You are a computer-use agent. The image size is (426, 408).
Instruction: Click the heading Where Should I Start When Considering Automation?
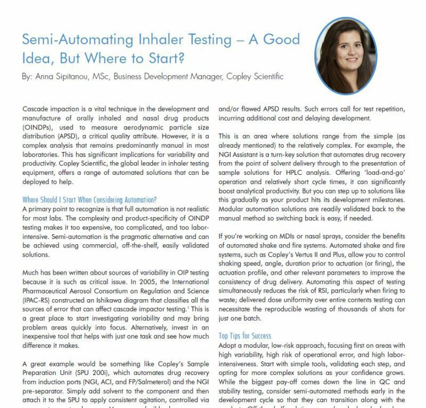89,199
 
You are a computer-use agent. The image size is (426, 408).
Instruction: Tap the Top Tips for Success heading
245,336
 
